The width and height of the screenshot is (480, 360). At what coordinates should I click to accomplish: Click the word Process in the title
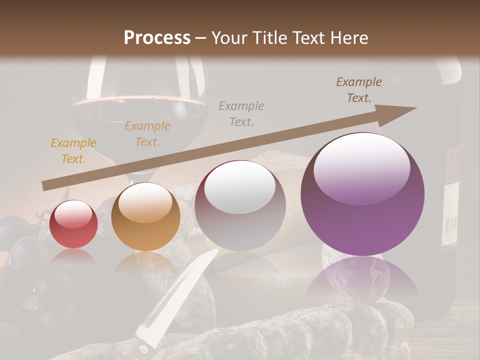(x=157, y=38)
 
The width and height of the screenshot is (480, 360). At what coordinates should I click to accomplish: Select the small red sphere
(x=73, y=224)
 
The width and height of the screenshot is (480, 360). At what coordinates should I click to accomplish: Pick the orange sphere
(x=145, y=216)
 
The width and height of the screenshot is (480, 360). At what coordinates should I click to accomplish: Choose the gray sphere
(x=240, y=205)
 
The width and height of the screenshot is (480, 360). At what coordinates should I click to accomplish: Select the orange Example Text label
(x=147, y=134)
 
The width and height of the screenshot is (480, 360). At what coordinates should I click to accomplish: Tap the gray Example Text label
(x=241, y=113)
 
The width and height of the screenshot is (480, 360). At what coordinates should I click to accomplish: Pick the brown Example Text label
(x=359, y=90)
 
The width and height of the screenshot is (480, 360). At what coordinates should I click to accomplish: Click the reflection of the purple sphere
(x=362, y=280)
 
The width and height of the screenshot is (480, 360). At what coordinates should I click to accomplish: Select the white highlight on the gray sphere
(x=240, y=187)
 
